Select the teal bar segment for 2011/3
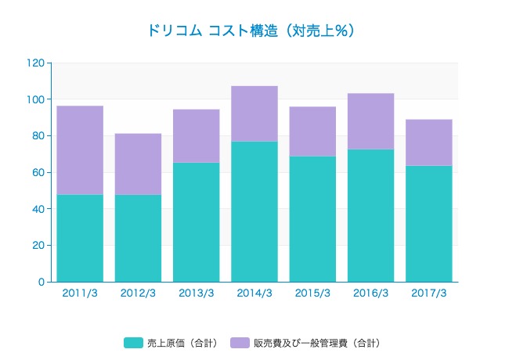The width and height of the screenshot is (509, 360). click(x=80, y=238)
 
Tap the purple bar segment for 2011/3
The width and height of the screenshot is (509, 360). click(x=80, y=149)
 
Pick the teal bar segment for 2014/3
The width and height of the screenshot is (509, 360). click(x=254, y=211)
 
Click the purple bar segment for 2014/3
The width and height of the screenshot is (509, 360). click(x=254, y=113)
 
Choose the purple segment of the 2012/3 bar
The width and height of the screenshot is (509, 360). click(x=138, y=164)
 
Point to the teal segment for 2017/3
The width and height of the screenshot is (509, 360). click(x=428, y=223)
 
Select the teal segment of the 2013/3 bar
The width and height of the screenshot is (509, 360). click(x=196, y=221)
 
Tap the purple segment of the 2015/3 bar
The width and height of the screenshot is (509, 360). click(x=312, y=131)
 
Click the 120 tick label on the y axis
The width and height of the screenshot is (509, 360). click(x=35, y=63)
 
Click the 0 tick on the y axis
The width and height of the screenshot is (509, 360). click(x=41, y=282)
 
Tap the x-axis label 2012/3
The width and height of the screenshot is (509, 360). click(x=138, y=293)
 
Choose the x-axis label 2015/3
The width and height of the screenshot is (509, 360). click(x=312, y=293)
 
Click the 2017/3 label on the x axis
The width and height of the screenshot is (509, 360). click(x=428, y=293)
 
